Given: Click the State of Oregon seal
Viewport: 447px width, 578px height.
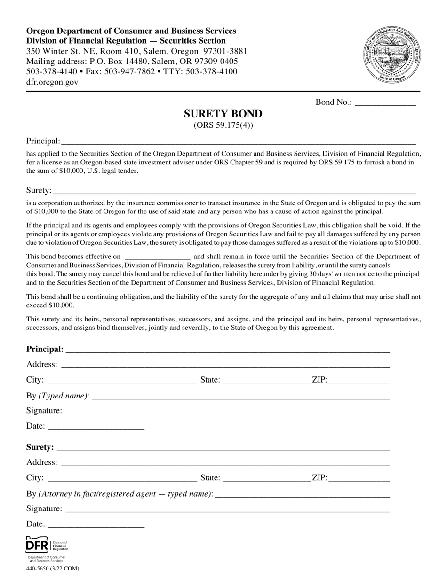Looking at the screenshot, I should pos(391,55).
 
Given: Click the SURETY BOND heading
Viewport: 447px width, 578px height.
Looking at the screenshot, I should pos(223,114).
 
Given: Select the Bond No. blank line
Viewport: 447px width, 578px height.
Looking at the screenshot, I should pos(385,103).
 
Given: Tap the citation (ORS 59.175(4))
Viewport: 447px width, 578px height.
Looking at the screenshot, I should pos(223,125).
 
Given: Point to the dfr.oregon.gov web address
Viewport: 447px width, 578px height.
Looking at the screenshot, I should pos(52,82).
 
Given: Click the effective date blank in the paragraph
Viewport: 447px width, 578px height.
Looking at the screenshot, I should pos(158,257).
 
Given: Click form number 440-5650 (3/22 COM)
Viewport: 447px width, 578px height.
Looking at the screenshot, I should pos(49,569).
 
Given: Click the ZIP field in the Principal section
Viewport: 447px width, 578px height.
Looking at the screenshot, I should pos(359,380).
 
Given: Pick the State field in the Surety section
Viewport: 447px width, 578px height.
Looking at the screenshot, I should pos(267,478).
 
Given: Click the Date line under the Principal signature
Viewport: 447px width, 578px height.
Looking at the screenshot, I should pos(96,426).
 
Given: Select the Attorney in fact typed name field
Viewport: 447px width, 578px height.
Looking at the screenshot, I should pos(302,494).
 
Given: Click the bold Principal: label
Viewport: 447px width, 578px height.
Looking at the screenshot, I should pos(45,349).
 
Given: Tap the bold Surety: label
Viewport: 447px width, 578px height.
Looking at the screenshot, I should pos(40,447).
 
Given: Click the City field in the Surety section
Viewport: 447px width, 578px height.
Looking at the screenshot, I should pos(122,478).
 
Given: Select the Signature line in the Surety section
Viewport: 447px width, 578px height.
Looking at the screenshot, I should pos(228,508).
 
